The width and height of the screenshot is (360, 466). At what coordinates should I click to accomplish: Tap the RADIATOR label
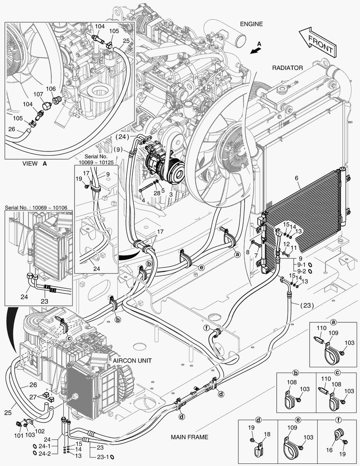pos(288,68)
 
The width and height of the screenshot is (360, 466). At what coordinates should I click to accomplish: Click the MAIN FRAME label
pos(189,437)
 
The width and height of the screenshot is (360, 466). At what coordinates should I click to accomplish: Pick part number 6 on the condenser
pos(296,177)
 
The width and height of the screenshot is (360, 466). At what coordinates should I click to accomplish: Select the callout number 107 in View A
pos(38,94)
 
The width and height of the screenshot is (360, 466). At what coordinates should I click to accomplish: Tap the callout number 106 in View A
pos(51,88)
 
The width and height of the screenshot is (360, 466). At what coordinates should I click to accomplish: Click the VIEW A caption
pos(34,164)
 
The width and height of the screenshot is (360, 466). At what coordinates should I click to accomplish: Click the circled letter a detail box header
pos(333,322)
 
